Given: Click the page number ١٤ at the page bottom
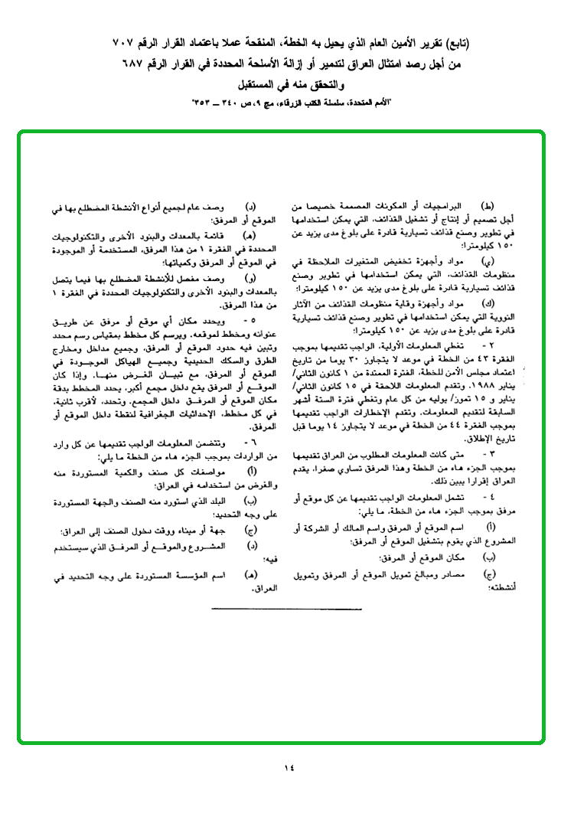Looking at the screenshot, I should click(288, 766).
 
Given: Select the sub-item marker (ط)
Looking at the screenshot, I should click(487, 207).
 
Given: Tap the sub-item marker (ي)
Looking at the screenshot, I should click(487, 262).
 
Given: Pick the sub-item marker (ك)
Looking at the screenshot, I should click(487, 306).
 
